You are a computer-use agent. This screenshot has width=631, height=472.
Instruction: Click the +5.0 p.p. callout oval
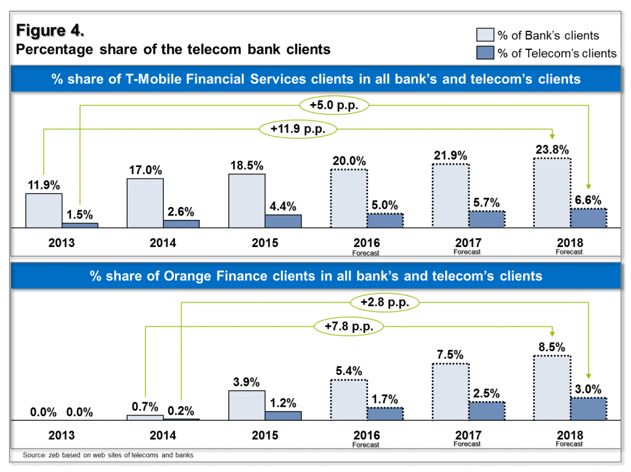pyautogui.click(x=335, y=105)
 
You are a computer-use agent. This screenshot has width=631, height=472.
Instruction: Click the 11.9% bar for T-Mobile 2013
pyautogui.click(x=43, y=211)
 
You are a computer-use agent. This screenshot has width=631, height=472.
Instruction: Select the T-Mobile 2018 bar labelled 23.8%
pyautogui.click(x=552, y=193)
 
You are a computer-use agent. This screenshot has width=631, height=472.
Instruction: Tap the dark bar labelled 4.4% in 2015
pyautogui.click(x=283, y=221)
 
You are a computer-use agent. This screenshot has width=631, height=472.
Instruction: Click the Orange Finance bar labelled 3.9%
pyautogui.click(x=246, y=405)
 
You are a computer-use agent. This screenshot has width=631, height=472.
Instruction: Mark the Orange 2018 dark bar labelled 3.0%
pyautogui.click(x=588, y=409)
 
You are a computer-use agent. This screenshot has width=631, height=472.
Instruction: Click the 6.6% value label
pyautogui.click(x=588, y=199)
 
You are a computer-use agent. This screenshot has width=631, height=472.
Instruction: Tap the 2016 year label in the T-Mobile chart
pyautogui.click(x=366, y=243)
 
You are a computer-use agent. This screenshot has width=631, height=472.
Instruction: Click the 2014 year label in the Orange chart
pyautogui.click(x=163, y=436)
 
